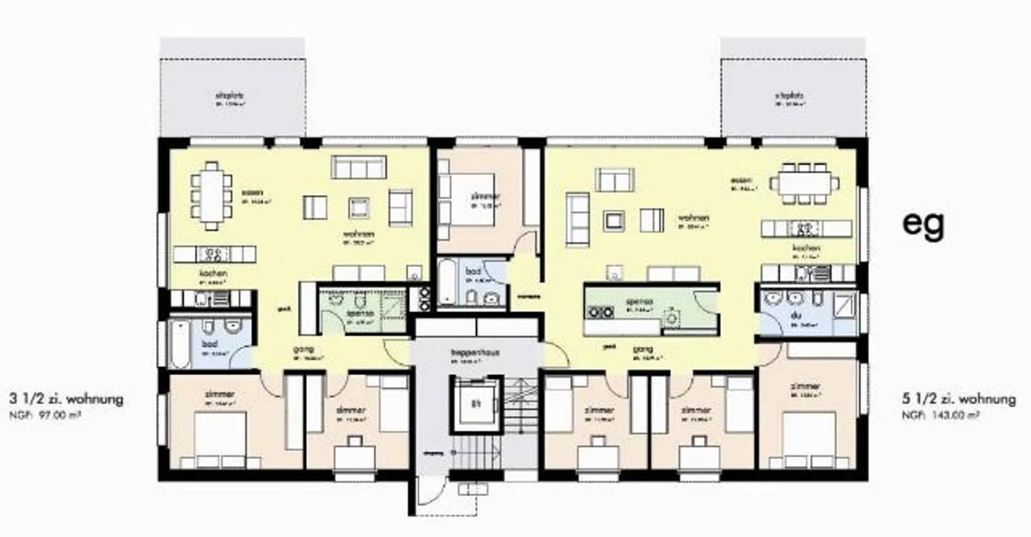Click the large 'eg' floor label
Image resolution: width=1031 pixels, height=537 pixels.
click(x=923, y=224)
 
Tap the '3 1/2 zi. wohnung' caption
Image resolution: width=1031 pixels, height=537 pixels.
click(x=66, y=399)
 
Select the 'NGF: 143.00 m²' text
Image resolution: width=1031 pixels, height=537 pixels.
click(x=940, y=414)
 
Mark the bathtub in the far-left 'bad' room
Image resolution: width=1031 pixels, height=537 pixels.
click(x=180, y=344)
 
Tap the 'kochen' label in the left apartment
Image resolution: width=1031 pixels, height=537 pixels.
click(x=213, y=274)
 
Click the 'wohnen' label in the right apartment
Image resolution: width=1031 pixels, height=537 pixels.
click(x=694, y=217)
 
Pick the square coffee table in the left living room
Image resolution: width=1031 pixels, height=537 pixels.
click(x=359, y=208)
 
